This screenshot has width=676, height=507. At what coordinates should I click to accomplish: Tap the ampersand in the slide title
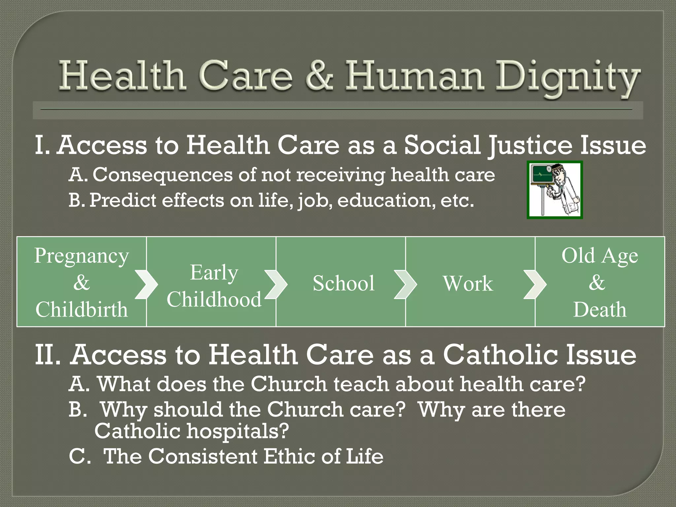(319, 76)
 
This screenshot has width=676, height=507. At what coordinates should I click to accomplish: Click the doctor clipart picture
(555, 190)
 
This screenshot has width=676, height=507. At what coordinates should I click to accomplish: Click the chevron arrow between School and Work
(405, 284)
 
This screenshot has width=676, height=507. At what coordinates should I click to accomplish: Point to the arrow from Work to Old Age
(535, 284)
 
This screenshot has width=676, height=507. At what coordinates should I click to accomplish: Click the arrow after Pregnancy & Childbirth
(146, 284)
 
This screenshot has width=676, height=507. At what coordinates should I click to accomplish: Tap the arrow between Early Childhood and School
(276, 284)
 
